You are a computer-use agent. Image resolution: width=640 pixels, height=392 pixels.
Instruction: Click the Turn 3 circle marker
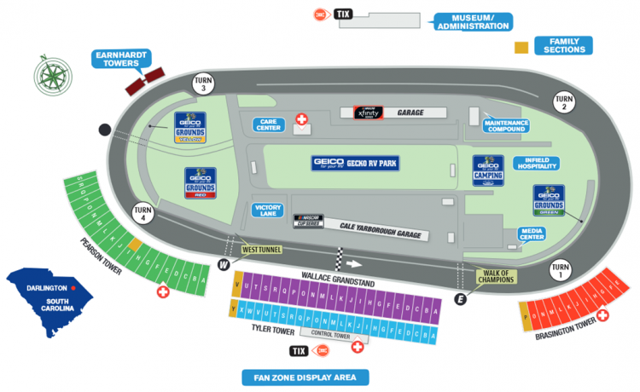(x=202, y=84)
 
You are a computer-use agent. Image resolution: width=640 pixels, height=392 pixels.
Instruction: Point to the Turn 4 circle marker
(x=143, y=215)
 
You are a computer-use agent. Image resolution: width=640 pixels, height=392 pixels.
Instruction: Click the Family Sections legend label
(x=562, y=45)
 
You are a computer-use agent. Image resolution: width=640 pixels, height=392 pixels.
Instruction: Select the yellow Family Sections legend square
(x=521, y=49)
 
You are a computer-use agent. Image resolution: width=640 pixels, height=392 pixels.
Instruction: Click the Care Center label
(x=268, y=124)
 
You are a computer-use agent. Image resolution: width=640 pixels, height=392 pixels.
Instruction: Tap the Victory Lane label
(x=267, y=209)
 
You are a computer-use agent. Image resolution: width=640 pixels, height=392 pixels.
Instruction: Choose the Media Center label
(x=532, y=234)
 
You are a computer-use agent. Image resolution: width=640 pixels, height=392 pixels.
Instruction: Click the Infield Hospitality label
(x=536, y=164)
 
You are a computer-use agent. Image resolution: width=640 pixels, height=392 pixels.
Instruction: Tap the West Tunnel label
(x=261, y=248)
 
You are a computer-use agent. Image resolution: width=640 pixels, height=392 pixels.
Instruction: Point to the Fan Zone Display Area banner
(x=305, y=377)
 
